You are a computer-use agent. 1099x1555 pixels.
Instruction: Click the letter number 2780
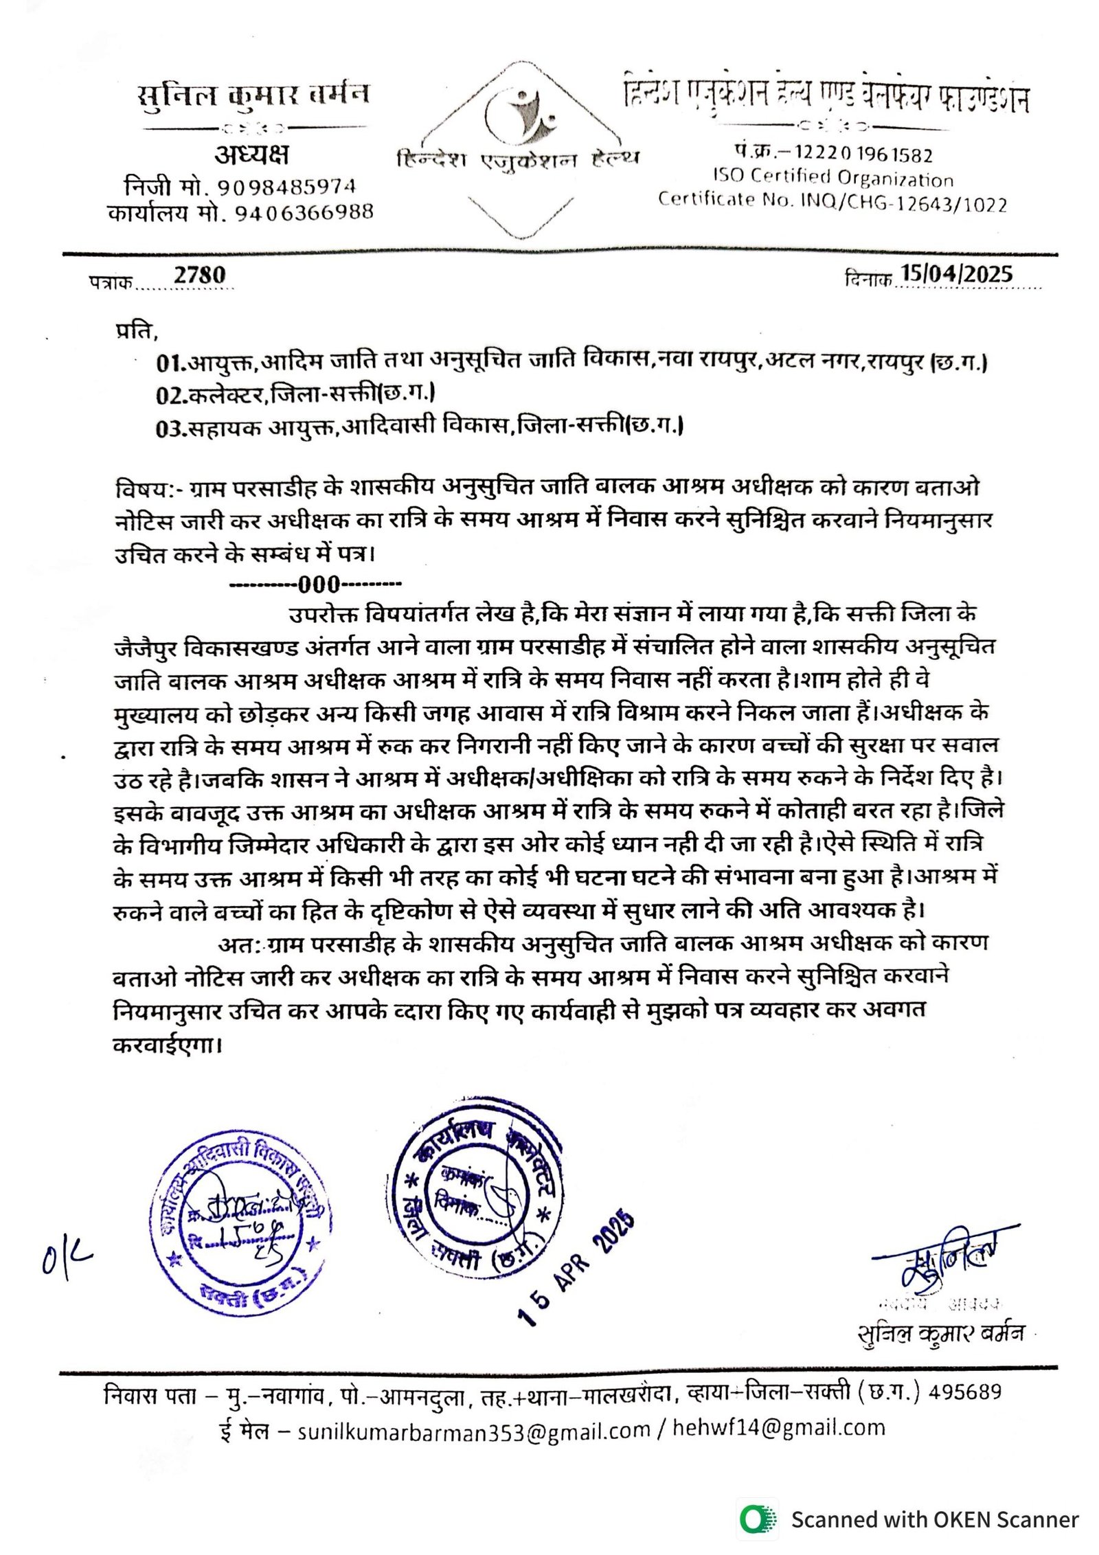coord(199,275)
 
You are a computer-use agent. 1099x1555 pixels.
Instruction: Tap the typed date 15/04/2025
coord(956,274)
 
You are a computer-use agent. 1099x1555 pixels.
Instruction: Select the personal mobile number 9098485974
coord(287,186)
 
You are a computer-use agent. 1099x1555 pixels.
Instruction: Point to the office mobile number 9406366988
coord(304,213)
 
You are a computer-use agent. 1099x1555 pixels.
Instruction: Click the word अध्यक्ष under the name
coord(251,155)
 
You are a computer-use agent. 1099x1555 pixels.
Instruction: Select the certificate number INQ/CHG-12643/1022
coord(903,204)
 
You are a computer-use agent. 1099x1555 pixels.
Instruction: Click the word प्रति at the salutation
coord(136,331)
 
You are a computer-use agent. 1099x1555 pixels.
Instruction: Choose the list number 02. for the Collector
coord(171,395)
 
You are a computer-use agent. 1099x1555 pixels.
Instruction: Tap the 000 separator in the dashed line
coord(319,584)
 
